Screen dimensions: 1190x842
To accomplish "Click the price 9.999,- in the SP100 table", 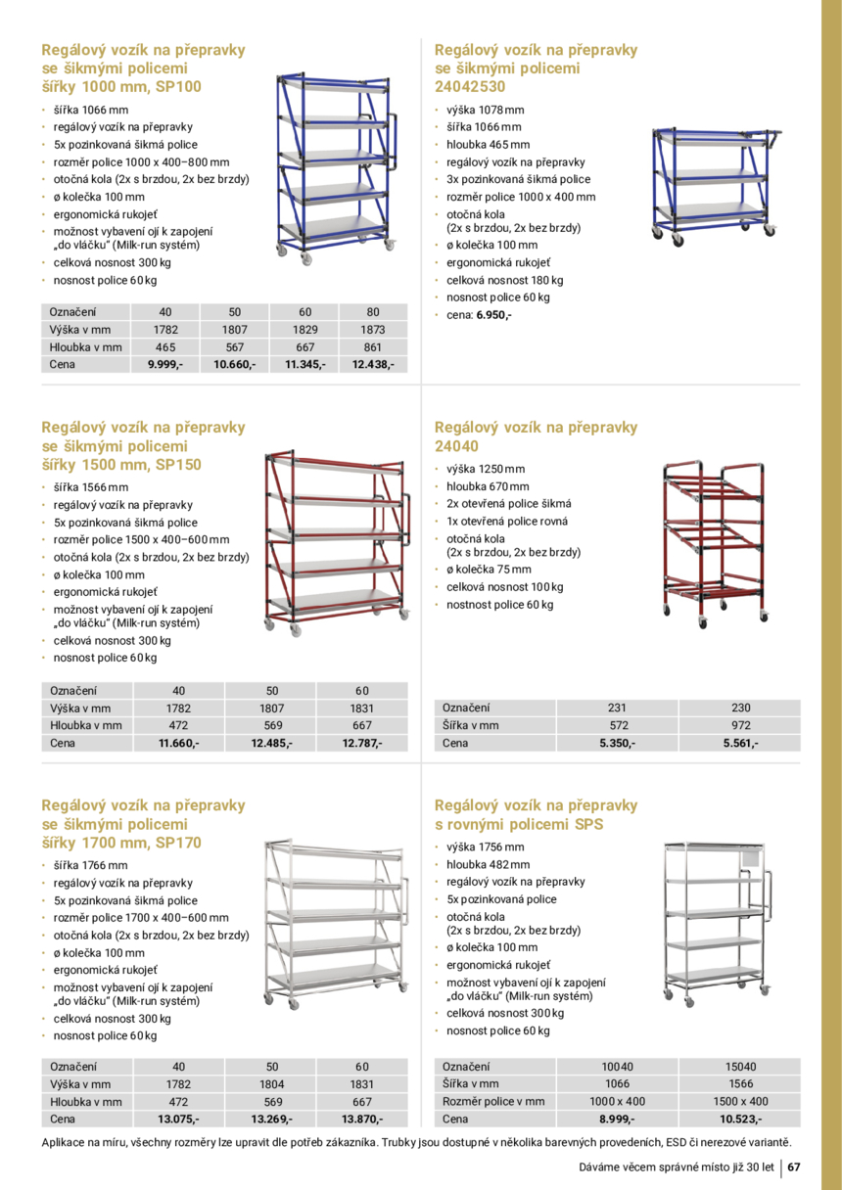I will coord(164,365).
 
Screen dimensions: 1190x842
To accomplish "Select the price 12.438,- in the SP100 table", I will coord(373,365).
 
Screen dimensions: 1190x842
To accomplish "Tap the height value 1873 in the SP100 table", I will coord(373,330).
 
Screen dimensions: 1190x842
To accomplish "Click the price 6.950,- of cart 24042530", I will coord(493,315).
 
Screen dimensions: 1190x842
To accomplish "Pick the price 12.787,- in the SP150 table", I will coord(362,744).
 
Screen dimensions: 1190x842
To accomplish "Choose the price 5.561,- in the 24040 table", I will coord(740,744).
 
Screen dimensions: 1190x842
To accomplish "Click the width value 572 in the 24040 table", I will coord(618,726).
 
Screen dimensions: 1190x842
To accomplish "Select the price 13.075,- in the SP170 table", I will coord(179,1120).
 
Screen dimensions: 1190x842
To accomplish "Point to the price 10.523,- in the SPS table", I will coord(740,1120).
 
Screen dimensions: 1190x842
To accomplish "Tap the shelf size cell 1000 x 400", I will coord(618,1102).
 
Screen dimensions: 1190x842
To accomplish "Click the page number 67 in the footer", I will coord(795,1167).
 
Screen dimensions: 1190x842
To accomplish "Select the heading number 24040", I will coord(456,446).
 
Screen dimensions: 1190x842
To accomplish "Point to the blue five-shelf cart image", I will coord(333,166).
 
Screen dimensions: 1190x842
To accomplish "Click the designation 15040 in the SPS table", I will coord(740,1067).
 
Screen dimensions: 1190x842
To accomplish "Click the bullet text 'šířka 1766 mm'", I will coord(90,865).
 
